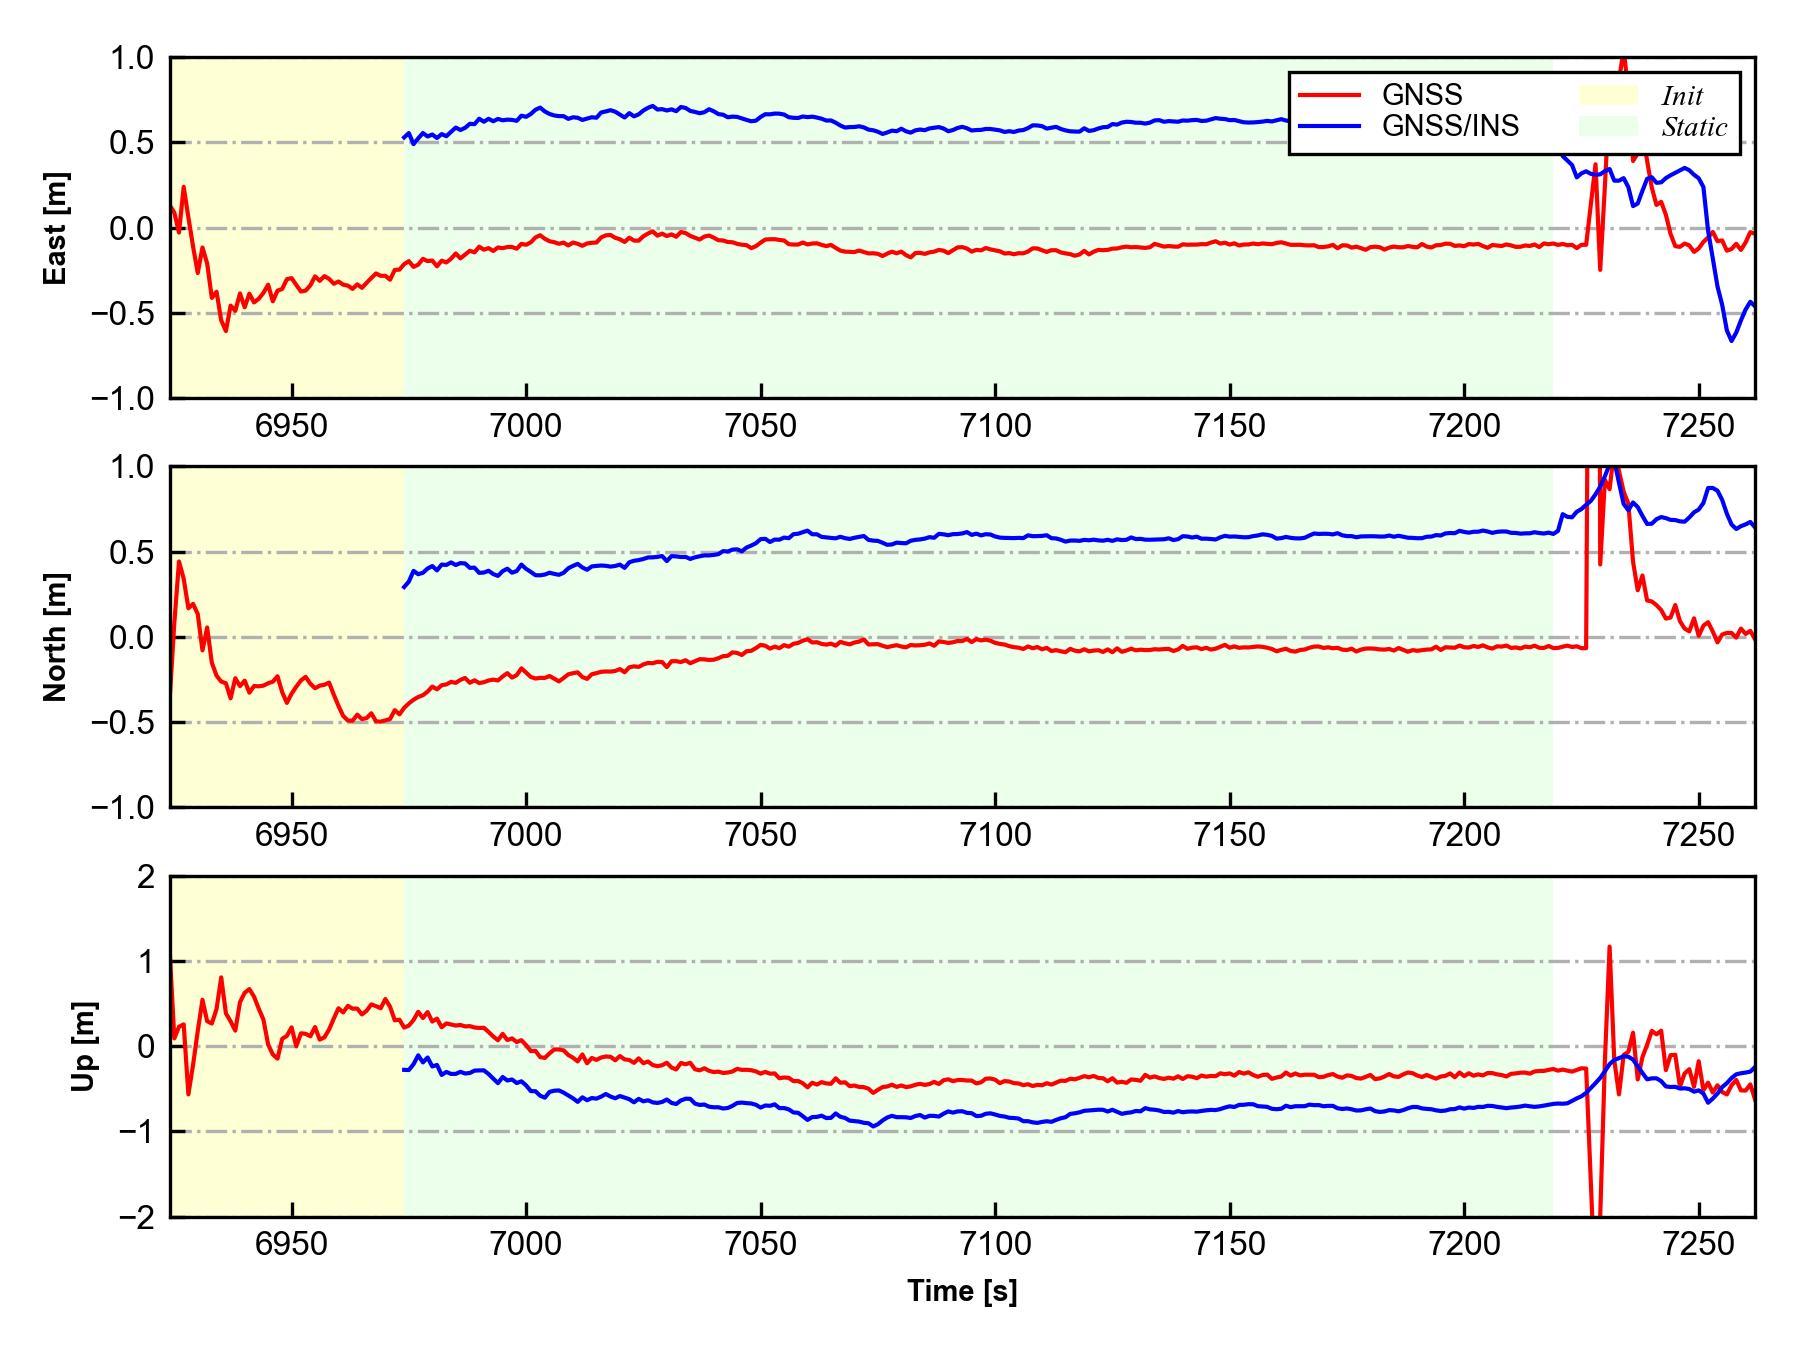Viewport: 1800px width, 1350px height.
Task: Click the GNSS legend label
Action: [1422, 95]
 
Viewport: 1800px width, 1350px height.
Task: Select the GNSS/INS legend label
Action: [1450, 126]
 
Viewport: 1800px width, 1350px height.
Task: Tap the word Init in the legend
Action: [1682, 96]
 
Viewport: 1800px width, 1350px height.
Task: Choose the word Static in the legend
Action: [1694, 127]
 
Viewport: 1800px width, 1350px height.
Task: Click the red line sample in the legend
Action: [1329, 95]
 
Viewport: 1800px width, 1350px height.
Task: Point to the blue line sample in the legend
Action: [1329, 126]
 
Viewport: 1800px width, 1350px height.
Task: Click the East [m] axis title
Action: [57, 228]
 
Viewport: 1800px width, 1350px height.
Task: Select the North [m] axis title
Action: [57, 637]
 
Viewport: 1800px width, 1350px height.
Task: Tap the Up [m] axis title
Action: [85, 1046]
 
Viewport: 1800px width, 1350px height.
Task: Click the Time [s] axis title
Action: [962, 1291]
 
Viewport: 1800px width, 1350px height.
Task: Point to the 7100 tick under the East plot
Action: [995, 426]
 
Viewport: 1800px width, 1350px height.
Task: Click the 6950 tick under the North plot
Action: [291, 834]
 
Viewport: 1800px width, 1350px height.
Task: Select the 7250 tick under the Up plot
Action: [1699, 1244]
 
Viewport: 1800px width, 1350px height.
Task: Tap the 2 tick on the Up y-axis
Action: [147, 877]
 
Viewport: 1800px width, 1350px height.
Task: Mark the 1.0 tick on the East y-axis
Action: [132, 58]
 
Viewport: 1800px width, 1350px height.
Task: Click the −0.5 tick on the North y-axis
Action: [122, 722]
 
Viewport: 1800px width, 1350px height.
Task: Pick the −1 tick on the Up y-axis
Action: [137, 1132]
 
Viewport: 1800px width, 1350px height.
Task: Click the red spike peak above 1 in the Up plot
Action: [1609, 947]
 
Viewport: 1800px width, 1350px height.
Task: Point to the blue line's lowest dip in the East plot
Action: [1731, 341]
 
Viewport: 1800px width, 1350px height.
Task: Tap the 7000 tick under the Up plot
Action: [526, 1244]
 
